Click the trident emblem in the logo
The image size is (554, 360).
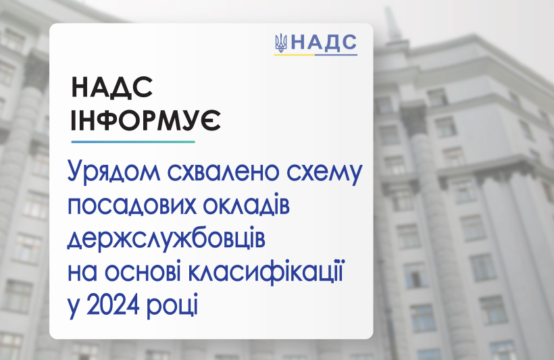click(x=281, y=43)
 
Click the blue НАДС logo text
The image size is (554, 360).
click(x=324, y=43)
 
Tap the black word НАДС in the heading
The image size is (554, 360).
click(x=112, y=88)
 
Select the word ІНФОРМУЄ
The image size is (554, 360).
click(x=145, y=120)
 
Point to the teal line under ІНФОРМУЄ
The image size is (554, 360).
click(x=133, y=142)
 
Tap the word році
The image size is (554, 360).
click(x=172, y=306)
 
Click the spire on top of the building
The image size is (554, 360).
click(x=393, y=23)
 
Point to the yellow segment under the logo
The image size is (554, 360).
click(x=294, y=55)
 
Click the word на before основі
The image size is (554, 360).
click(x=82, y=274)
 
